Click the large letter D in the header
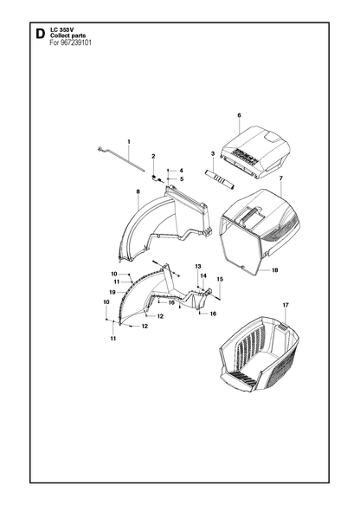click(40, 34)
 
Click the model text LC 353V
click(61, 30)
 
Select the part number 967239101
click(76, 42)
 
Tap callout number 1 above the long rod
click(129, 142)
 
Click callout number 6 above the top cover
click(239, 115)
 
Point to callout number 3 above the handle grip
click(213, 154)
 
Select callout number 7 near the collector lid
click(281, 178)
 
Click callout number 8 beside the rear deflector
click(138, 191)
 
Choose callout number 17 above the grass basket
click(286, 305)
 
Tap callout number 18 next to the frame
click(274, 270)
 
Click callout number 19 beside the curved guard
click(112, 293)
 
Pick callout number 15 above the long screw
click(220, 279)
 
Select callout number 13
click(198, 266)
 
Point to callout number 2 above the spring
click(153, 156)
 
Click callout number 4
click(181, 171)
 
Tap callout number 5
click(182, 178)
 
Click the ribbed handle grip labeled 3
click(220, 178)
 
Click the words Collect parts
click(68, 36)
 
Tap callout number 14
click(203, 276)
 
